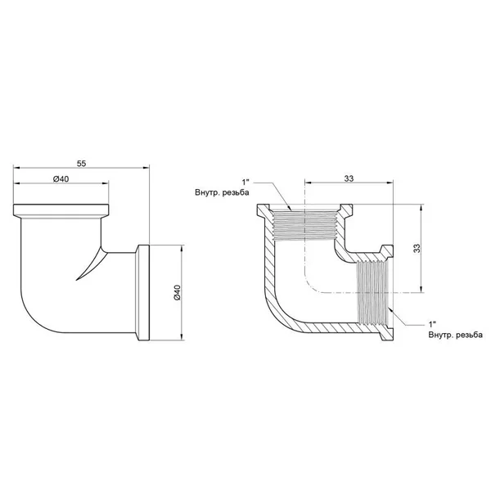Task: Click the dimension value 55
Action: [81, 164]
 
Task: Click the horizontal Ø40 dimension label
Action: [61, 179]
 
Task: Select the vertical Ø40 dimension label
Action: [177, 292]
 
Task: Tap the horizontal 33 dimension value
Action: [349, 178]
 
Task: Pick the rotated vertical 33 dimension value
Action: [417, 248]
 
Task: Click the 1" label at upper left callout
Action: [245, 182]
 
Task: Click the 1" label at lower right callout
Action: [432, 324]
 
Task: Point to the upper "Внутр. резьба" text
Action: [222, 192]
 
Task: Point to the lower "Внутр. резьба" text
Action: [456, 335]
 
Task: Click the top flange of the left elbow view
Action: [61, 210]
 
